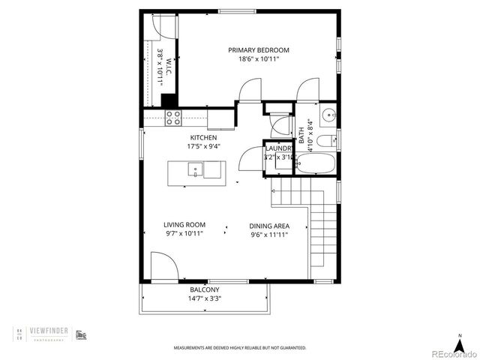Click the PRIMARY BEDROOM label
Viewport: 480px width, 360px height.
[x=258, y=50]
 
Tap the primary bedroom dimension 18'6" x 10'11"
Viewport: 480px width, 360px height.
[x=258, y=59]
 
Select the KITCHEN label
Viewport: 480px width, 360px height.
[x=203, y=138]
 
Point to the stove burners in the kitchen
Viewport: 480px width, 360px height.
[x=173, y=117]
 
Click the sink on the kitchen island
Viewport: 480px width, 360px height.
[x=195, y=169]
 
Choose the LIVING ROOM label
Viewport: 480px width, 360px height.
[x=184, y=224]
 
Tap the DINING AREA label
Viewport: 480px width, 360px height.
[x=268, y=225]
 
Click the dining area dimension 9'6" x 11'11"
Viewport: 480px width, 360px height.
[x=268, y=234]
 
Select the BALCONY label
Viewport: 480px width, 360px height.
[x=203, y=289]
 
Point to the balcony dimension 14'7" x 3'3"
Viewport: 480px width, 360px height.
[x=203, y=298]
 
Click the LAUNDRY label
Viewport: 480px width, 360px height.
[x=278, y=148]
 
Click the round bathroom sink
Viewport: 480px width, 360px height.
[x=328, y=116]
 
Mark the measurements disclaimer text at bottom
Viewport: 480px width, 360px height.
[x=240, y=348]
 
